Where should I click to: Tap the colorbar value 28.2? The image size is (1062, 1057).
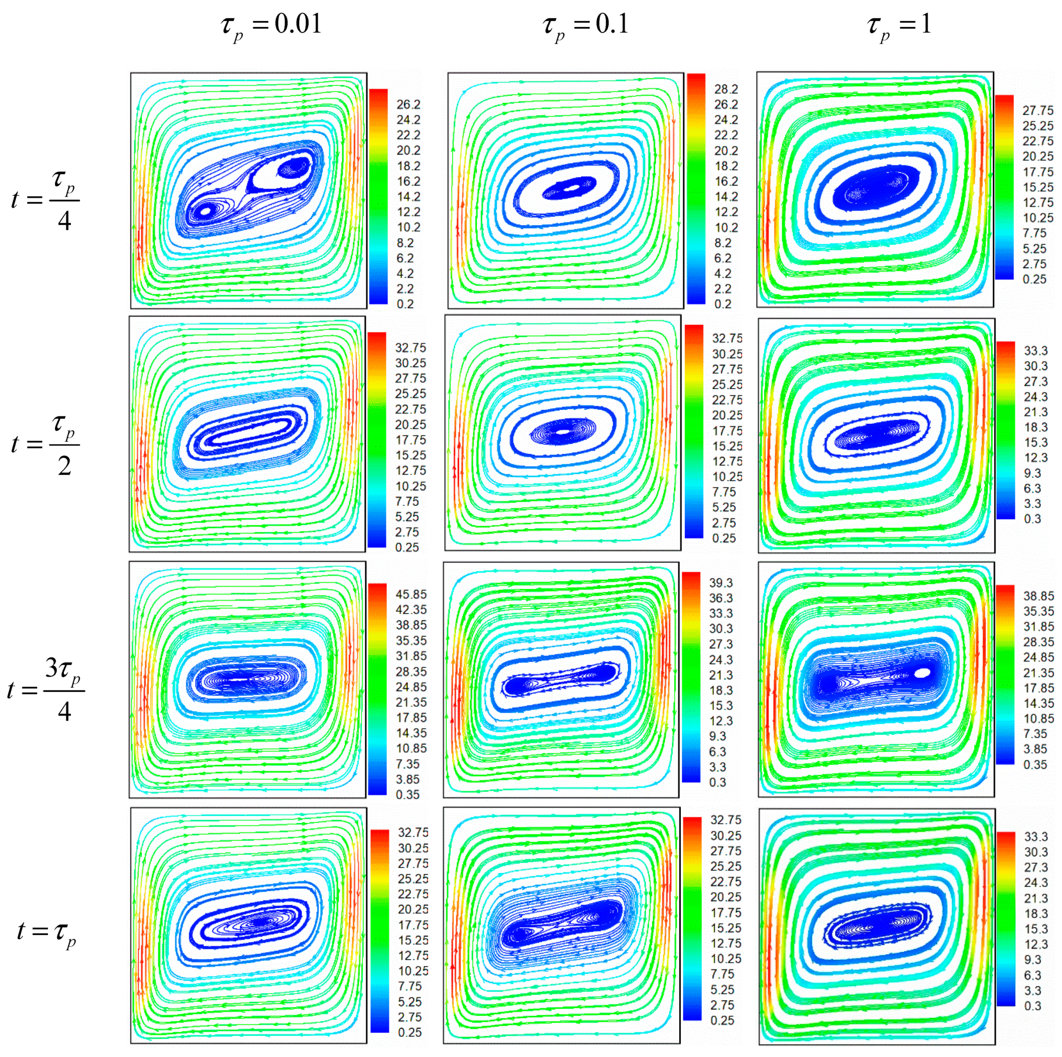pos(726,89)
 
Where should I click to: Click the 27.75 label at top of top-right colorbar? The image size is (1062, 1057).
pos(1038,110)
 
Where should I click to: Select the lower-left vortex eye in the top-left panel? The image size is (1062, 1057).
pos(206,210)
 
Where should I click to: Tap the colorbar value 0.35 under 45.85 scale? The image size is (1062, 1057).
pos(407,794)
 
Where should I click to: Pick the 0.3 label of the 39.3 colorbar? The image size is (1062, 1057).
pos(717,782)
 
